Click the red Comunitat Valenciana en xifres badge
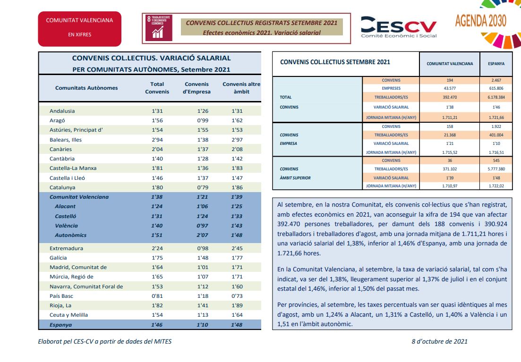80,29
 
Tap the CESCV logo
399,27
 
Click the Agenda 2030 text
480,21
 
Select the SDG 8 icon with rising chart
159,28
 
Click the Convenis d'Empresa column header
196,88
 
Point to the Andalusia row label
62,111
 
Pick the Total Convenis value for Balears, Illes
157,140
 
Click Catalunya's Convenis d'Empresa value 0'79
203,187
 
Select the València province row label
67,226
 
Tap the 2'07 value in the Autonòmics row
202,235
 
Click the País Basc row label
61,296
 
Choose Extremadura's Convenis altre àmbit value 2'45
237,248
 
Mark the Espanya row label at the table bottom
61,325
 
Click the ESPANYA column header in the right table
496,64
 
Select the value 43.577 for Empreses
450,88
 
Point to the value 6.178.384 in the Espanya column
496,97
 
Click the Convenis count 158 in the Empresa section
450,126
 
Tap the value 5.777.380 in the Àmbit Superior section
496,169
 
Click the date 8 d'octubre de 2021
440,341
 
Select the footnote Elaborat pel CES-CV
105,341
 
